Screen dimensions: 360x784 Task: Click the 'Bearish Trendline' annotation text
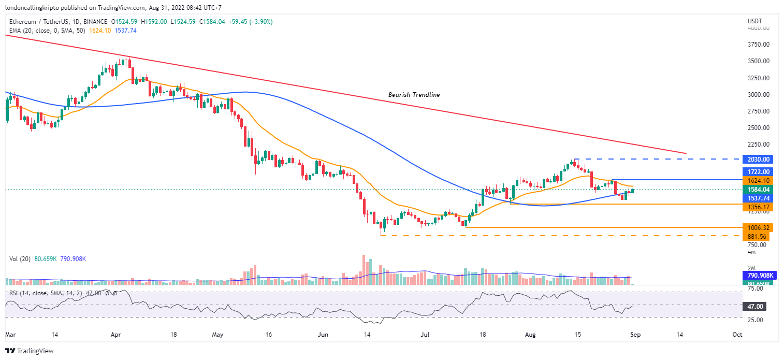[x=414, y=95]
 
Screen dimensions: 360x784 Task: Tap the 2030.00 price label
[x=757, y=159]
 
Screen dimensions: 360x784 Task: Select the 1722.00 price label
[x=757, y=171]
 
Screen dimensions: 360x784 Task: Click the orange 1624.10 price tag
[x=757, y=180]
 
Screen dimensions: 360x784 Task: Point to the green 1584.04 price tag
[x=757, y=189]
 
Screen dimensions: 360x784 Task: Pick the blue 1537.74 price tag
[x=757, y=198]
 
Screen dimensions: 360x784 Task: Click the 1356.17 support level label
[x=757, y=207]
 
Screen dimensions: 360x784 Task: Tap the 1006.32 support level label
[x=757, y=227]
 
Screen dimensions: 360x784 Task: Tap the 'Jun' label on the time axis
[x=323, y=335]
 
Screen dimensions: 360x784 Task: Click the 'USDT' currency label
[x=755, y=21]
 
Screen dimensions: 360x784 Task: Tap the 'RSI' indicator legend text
[x=14, y=293]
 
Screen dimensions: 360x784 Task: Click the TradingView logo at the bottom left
[x=31, y=351]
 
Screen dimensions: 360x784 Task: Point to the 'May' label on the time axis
[x=217, y=335]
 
